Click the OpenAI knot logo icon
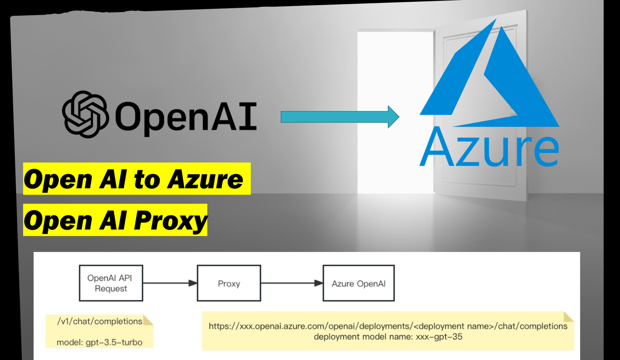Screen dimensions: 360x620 85,114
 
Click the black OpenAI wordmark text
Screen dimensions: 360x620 186,117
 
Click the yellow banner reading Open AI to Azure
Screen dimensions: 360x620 137,179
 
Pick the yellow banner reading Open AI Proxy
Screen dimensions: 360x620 115,220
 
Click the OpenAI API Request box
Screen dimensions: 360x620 111,283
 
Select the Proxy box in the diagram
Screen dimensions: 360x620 229,283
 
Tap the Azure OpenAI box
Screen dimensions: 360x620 358,283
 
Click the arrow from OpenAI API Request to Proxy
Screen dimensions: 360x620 170,283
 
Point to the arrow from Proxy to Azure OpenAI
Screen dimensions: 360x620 292,283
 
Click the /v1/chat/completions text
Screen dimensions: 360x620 100,321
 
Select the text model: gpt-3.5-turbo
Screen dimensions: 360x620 99,342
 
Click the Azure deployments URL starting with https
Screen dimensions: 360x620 388,326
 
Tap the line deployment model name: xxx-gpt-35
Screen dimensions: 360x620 388,337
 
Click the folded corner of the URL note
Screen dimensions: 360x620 568,317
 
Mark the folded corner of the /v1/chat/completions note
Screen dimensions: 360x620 148,320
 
